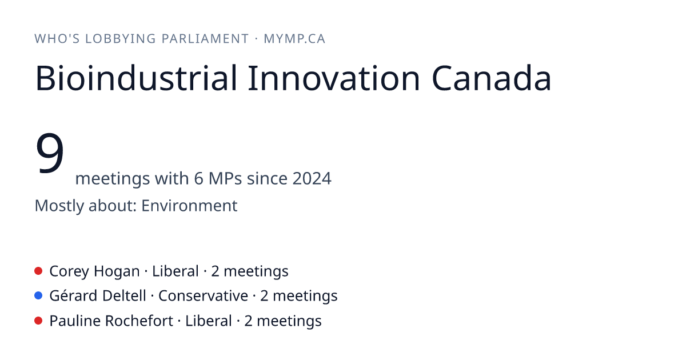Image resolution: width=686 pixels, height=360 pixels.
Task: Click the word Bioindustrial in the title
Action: [137, 78]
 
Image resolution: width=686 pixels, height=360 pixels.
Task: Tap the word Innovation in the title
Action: [333, 78]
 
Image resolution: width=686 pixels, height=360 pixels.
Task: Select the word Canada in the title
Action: [492, 78]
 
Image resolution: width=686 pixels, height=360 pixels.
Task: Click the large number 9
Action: [50, 153]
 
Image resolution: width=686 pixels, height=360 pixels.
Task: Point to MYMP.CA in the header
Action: [294, 39]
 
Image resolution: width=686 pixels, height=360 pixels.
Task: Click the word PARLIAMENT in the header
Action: [205, 39]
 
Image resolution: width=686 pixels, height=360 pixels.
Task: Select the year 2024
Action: [312, 178]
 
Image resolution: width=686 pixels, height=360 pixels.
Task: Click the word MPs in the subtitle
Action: [225, 178]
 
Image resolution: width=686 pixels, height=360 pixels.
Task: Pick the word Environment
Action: [189, 205]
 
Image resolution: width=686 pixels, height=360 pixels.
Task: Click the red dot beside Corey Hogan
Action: [38, 271]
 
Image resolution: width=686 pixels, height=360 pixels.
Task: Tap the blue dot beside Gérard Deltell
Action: [38, 295]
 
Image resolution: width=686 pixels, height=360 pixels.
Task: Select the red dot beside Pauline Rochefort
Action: [38, 321]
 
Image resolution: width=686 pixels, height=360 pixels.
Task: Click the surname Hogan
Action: [117, 271]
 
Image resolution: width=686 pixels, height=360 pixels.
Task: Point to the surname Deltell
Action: [124, 296]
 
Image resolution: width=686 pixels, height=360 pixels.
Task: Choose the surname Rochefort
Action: [139, 321]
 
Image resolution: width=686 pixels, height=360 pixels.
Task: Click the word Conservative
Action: [203, 296]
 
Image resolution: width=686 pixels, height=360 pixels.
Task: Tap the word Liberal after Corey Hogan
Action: [176, 271]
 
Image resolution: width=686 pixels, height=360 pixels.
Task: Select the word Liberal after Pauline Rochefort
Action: [209, 321]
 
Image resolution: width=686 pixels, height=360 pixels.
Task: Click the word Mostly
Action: [59, 206]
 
